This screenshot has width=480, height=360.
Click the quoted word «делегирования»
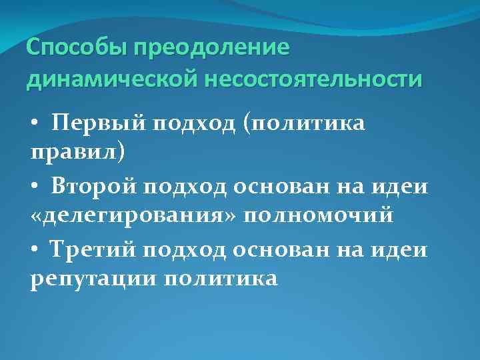click(x=134, y=217)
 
